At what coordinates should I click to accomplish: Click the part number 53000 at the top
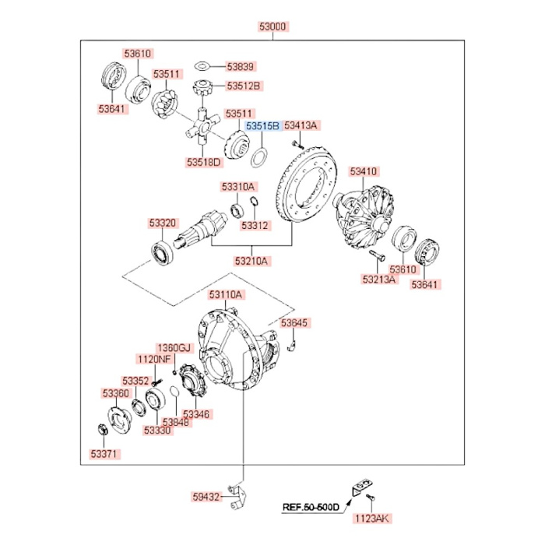click(x=272, y=26)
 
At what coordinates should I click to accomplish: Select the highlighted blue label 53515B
click(x=262, y=125)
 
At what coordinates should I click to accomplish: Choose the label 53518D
click(x=204, y=162)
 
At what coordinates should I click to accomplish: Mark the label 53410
click(x=363, y=171)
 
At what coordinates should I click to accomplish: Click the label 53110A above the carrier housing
click(x=227, y=295)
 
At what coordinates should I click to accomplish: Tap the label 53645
click(x=294, y=322)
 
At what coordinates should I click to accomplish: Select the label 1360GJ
click(x=174, y=347)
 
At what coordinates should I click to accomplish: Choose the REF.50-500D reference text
click(x=311, y=508)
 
